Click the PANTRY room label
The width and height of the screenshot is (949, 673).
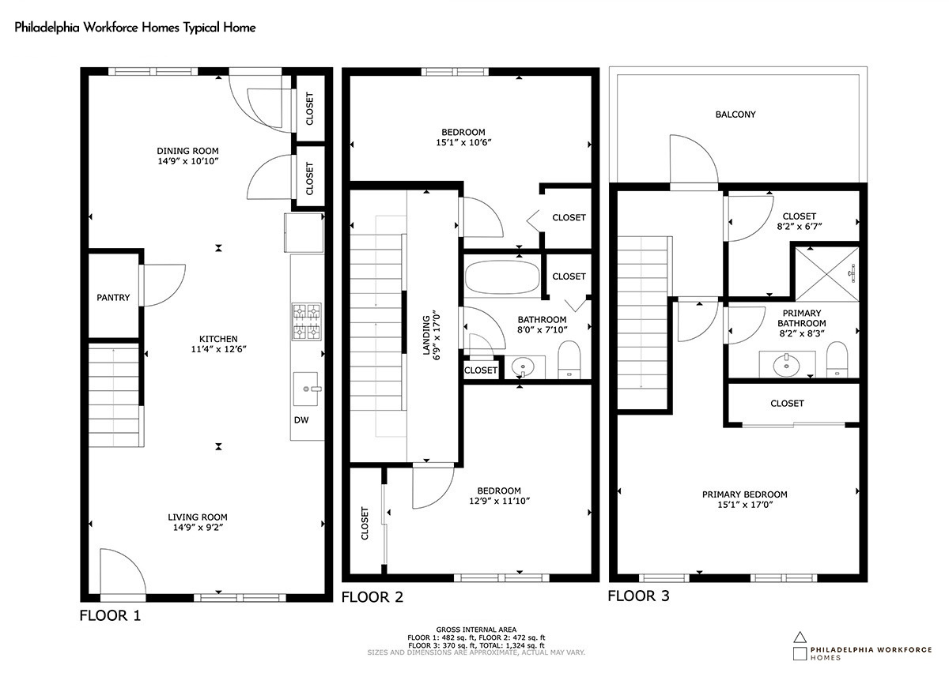click(113, 298)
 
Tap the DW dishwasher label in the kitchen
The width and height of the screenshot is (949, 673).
click(301, 420)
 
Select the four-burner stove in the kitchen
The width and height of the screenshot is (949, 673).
click(306, 321)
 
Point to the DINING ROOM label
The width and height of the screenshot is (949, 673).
click(187, 151)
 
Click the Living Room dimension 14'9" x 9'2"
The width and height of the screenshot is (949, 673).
click(198, 528)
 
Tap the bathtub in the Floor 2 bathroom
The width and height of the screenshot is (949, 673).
click(502, 277)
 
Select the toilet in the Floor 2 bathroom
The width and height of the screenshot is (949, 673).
click(569, 359)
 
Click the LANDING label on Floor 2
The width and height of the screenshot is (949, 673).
click(426, 334)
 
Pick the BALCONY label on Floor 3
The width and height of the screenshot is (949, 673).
click(735, 115)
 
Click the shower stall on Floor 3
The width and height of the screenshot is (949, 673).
click(827, 274)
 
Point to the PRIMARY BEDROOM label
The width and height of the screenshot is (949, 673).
click(745, 494)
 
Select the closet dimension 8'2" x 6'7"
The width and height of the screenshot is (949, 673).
click(799, 227)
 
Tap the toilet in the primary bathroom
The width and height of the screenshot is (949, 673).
click(837, 359)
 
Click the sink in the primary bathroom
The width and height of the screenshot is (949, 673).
click(787, 363)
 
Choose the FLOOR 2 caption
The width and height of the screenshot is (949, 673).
click(372, 597)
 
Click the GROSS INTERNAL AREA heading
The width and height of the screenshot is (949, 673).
click(476, 630)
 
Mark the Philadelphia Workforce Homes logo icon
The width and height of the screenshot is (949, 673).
click(800, 646)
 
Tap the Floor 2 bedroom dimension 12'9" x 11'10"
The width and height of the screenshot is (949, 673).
click(500, 501)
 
